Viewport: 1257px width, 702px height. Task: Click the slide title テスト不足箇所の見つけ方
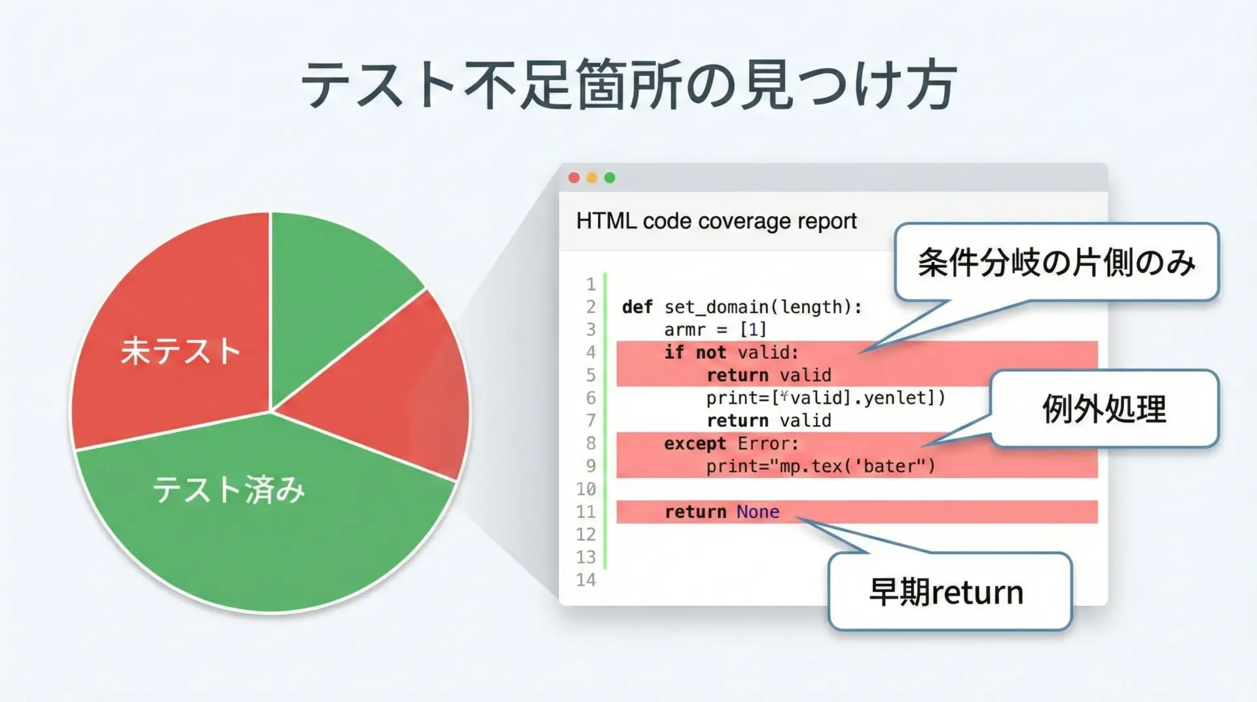[x=629, y=86]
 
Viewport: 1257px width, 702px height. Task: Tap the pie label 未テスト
[x=181, y=350]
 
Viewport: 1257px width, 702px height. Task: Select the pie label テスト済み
[x=228, y=489]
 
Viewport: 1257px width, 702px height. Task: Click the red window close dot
[x=574, y=177]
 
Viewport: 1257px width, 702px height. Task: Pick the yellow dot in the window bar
[x=592, y=177]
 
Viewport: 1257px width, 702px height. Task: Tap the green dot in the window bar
[x=610, y=177]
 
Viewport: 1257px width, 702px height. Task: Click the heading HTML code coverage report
[x=716, y=221]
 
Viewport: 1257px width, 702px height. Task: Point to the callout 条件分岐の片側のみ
[x=1057, y=262]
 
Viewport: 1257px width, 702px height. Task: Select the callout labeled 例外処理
[x=1104, y=409]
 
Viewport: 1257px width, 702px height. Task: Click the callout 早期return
[x=949, y=591]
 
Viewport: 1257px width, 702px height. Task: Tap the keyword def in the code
[x=637, y=306]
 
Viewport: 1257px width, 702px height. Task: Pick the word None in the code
[x=757, y=511]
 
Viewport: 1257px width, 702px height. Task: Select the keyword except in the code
[x=695, y=444]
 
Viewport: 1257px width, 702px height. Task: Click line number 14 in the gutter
[x=586, y=580]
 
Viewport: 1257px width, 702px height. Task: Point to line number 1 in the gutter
[x=591, y=284]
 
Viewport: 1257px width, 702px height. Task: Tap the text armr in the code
[x=685, y=329]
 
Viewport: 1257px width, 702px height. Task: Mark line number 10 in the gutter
[x=586, y=489]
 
